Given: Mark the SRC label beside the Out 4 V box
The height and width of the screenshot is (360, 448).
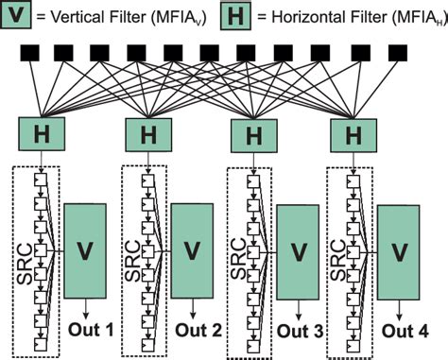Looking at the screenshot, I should pyautogui.click(x=336, y=255).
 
